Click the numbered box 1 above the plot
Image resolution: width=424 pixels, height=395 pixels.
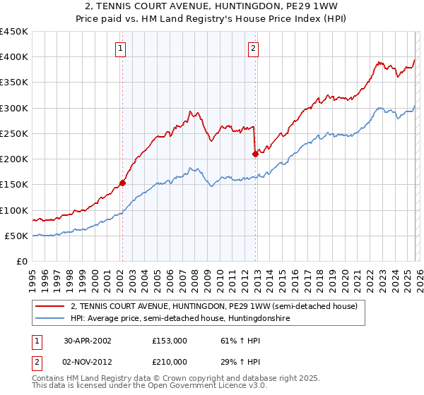coord(122,49)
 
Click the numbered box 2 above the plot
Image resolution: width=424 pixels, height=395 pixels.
coord(253,49)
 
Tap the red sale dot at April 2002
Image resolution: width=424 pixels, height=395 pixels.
coord(122,183)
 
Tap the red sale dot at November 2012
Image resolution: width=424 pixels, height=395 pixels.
coord(254,154)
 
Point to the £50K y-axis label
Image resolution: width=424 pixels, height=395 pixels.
coord(17,236)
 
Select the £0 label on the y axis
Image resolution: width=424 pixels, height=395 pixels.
coord(21,261)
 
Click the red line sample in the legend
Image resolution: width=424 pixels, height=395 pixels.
coord(51,306)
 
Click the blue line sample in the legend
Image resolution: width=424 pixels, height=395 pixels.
coord(51,318)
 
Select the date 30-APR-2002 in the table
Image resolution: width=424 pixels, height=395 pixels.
coord(88,340)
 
